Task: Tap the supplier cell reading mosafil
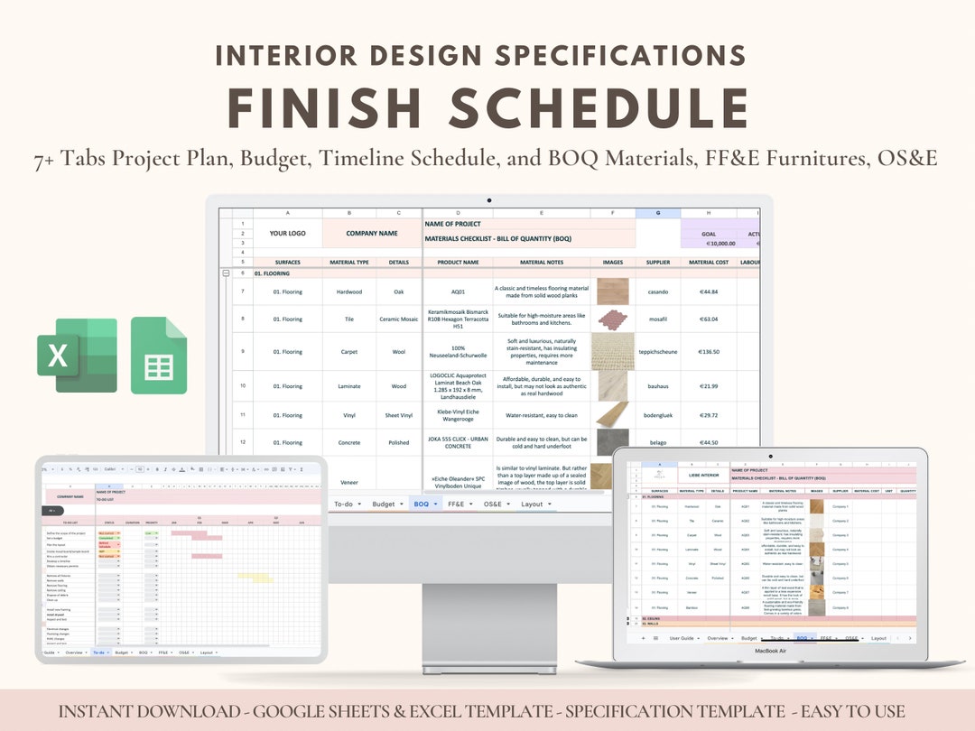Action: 658,319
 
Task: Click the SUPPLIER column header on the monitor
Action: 658,263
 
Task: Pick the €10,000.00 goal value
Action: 709,244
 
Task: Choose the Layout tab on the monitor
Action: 533,504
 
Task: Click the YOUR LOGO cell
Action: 287,233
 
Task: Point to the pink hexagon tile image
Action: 613,319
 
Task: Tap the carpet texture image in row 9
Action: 613,351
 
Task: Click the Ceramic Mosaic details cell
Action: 398,319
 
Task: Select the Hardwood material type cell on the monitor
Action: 348,291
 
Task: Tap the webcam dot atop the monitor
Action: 488,200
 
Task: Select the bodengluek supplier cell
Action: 658,415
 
